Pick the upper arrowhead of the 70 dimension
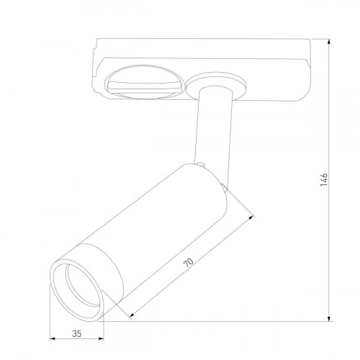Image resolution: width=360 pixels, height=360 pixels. pyautogui.click(x=253, y=215)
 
